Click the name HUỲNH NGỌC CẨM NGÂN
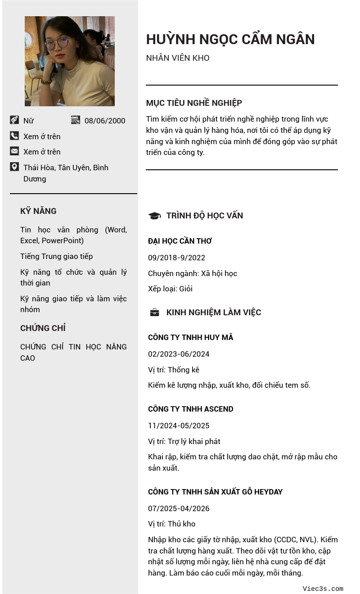pyautogui.click(x=230, y=40)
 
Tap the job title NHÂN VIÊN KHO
pyautogui.click(x=178, y=58)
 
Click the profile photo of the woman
pyautogui.click(x=70, y=61)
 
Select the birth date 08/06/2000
pyautogui.click(x=105, y=121)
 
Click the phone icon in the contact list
pyautogui.click(x=14, y=136)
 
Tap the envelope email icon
pyautogui.click(x=14, y=151)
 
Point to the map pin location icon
pyautogui.click(x=14, y=167)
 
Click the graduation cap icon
pyautogui.click(x=154, y=216)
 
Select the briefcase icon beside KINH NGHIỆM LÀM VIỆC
pyautogui.click(x=154, y=312)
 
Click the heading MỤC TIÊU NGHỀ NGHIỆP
pyautogui.click(x=194, y=103)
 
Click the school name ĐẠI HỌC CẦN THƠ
pyautogui.click(x=180, y=241)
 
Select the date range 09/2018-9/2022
pyautogui.click(x=176, y=258)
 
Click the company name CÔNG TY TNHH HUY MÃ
pyautogui.click(x=190, y=337)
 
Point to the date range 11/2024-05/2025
pyautogui.click(x=179, y=426)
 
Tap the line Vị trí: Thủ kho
pyautogui.click(x=171, y=524)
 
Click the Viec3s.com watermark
pyautogui.click(x=323, y=589)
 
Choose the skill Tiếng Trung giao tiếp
pyautogui.click(x=56, y=256)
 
